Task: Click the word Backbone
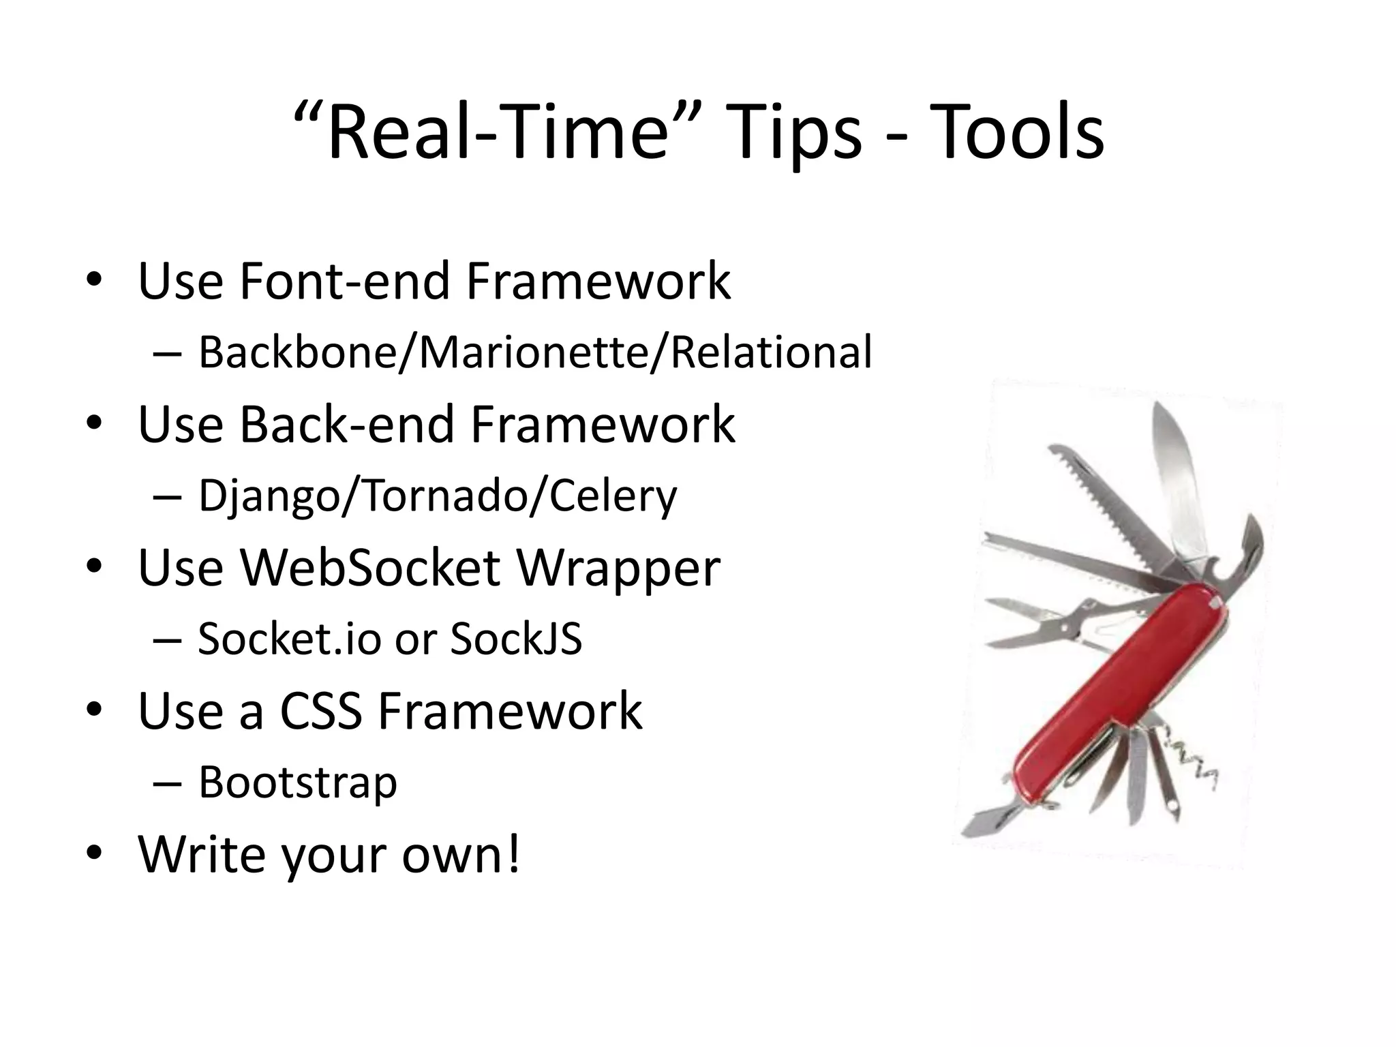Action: (x=297, y=353)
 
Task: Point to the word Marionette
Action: (x=533, y=353)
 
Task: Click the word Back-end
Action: (x=348, y=424)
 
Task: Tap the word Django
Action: (x=269, y=496)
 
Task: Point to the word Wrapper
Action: (x=618, y=567)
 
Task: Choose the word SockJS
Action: (x=516, y=639)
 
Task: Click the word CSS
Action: (x=320, y=712)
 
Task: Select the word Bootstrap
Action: (x=297, y=783)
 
